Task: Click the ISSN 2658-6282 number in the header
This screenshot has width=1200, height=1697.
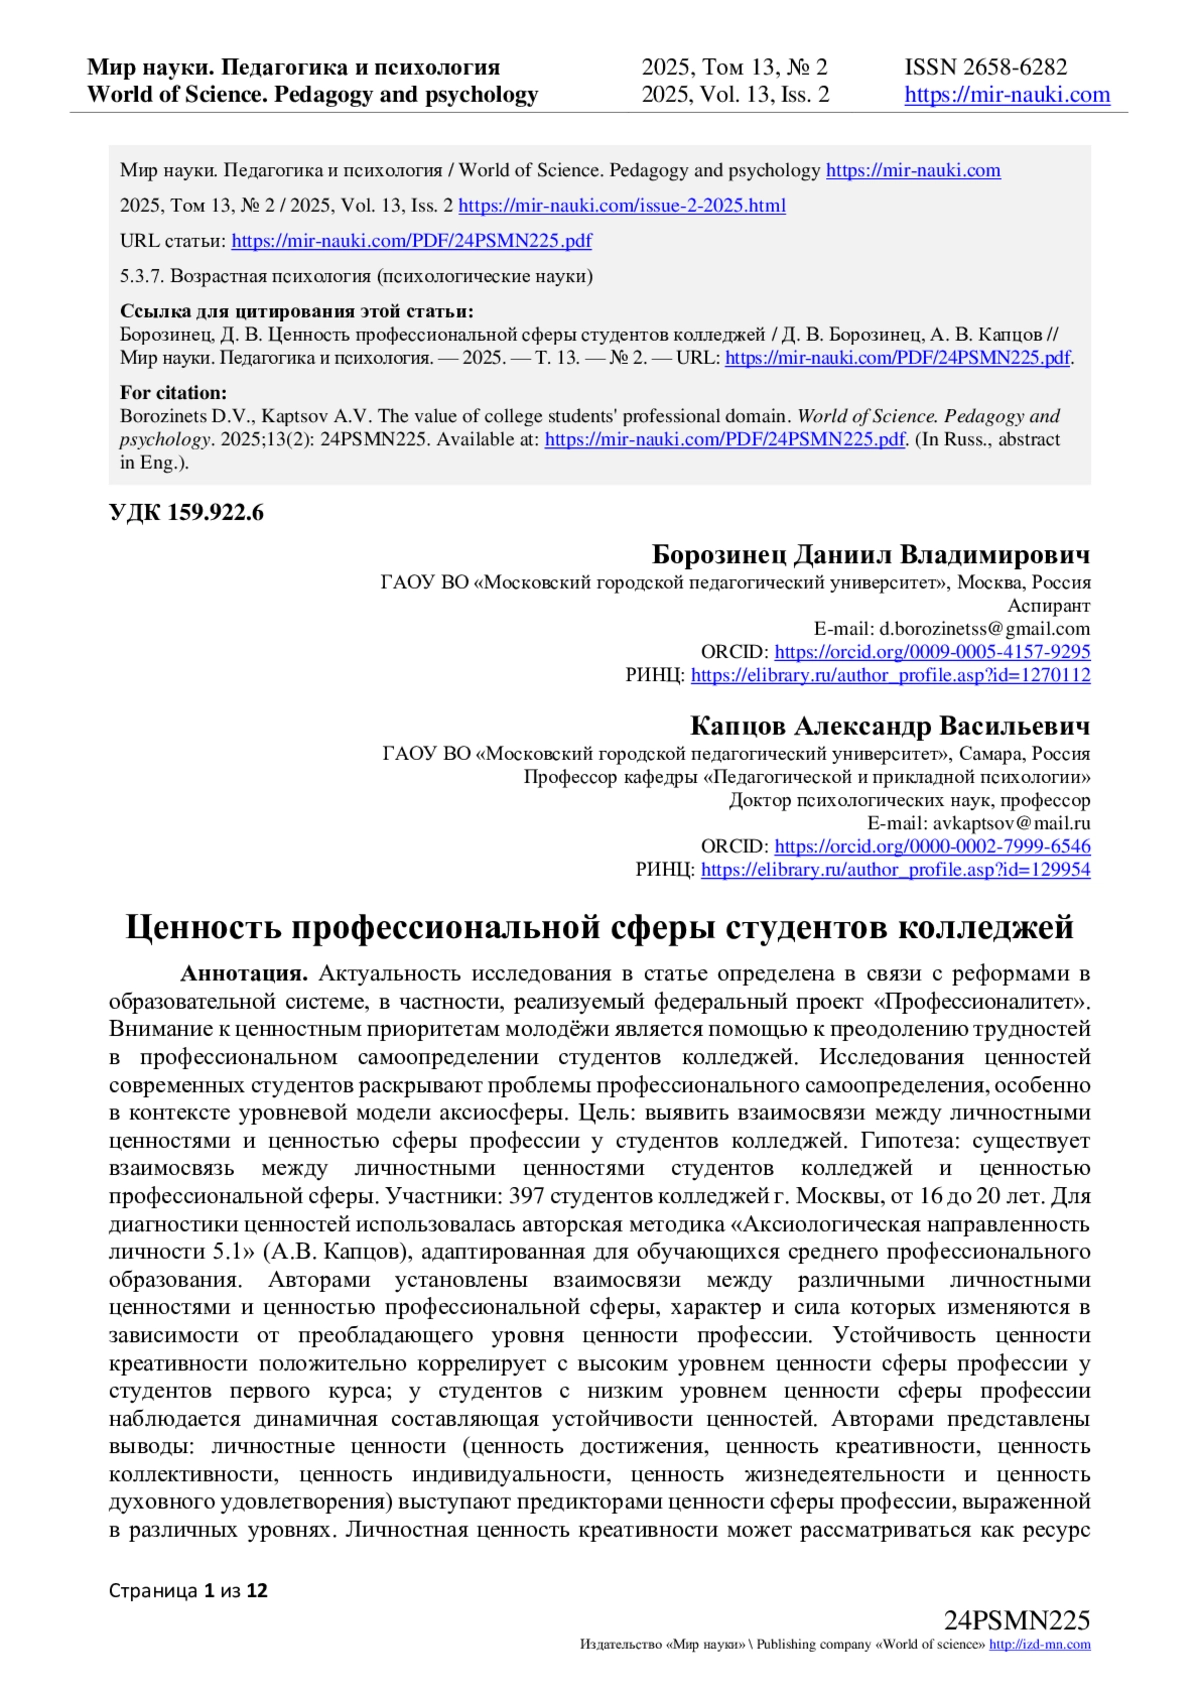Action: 986,67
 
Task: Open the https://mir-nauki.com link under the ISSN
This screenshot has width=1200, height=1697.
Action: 1007,95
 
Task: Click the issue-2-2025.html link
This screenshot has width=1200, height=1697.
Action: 622,206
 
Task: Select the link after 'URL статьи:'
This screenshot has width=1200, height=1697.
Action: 411,241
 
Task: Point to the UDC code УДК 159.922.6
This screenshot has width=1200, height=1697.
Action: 186,514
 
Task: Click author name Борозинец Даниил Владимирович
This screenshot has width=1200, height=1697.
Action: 870,555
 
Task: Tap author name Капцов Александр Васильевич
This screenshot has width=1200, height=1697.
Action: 889,726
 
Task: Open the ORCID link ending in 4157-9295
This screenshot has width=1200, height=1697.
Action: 932,652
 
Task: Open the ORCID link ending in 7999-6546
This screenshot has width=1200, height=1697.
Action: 932,846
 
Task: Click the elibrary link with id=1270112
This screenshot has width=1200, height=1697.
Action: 890,675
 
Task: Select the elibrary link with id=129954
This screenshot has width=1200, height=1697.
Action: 895,870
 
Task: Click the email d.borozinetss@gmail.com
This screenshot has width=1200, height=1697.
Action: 984,629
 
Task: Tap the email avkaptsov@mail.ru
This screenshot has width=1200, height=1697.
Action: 1011,823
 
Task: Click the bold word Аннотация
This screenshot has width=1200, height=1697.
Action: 243,973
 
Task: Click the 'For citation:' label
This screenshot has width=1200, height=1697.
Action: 173,393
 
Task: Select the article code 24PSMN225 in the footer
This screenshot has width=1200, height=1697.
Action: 1016,1621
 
